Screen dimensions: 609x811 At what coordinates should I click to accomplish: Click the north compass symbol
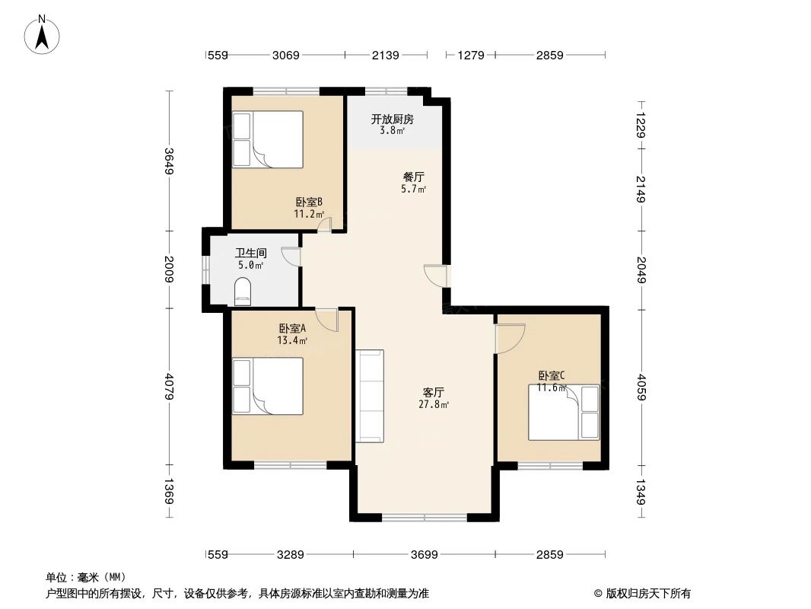coord(43,34)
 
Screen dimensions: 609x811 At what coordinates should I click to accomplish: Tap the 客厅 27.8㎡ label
coord(433,398)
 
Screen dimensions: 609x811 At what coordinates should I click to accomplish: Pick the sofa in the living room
coord(370,396)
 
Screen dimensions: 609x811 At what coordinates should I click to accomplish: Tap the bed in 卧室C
coord(564,413)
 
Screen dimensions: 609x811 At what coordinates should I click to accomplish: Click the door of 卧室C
coord(509,338)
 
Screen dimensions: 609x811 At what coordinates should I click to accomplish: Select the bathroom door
coord(291,257)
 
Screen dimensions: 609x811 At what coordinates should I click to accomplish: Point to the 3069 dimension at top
coord(286,55)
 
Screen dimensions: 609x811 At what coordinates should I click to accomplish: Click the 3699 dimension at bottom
coord(424,555)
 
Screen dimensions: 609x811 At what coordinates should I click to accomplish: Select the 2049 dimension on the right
coord(641,269)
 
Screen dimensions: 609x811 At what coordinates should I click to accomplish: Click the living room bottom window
coord(424,518)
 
